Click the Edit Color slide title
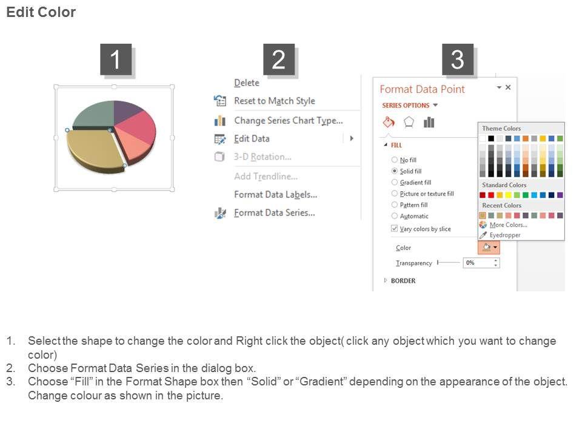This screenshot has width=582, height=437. [41, 12]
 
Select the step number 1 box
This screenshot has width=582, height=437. [116, 59]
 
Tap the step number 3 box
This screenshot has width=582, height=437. [458, 59]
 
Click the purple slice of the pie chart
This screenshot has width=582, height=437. [126, 110]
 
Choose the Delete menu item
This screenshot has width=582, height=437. [247, 83]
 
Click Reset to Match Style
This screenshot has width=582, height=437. [274, 101]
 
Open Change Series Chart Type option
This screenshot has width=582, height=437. [289, 121]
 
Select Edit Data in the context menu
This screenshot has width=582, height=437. [252, 138]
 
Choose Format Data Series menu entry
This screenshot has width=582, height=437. [274, 213]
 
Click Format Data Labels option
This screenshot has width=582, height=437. [275, 195]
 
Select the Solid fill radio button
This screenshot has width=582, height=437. [395, 171]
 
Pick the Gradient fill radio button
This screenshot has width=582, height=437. [395, 182]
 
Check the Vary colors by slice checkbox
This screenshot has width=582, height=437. [394, 229]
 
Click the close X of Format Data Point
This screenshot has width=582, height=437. [508, 87]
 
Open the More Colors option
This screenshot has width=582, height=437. [508, 225]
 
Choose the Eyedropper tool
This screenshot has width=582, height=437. [505, 235]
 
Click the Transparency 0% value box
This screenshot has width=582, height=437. [481, 263]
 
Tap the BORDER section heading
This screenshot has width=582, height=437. [403, 281]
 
